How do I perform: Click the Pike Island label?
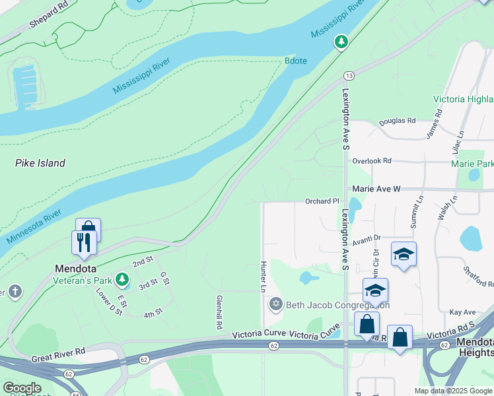click(x=40, y=163)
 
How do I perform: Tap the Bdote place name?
click(x=297, y=60)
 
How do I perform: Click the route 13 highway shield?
click(x=349, y=76)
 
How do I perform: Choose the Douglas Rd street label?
click(x=398, y=121)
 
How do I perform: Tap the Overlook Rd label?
click(x=372, y=160)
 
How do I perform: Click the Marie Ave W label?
click(x=376, y=189)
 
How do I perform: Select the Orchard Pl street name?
click(x=322, y=201)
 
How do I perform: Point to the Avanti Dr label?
click(x=367, y=238)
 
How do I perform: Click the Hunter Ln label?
click(x=263, y=277)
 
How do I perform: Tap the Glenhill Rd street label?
click(x=218, y=312)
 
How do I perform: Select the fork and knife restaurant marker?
click(x=84, y=242)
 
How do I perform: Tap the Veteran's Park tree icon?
click(x=122, y=280)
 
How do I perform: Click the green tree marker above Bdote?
click(x=341, y=42)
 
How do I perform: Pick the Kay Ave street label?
click(x=462, y=312)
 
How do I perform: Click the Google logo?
click(x=22, y=388)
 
